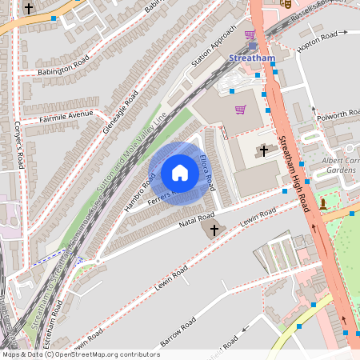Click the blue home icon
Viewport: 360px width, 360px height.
(x=180, y=172)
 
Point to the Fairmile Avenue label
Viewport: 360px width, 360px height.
(x=66, y=118)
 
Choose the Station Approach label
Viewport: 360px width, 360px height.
(x=214, y=46)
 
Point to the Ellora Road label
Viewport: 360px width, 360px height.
(x=207, y=171)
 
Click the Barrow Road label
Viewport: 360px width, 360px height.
(x=178, y=333)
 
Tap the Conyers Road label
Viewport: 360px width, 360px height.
(x=20, y=144)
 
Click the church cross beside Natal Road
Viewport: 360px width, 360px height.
(x=214, y=230)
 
